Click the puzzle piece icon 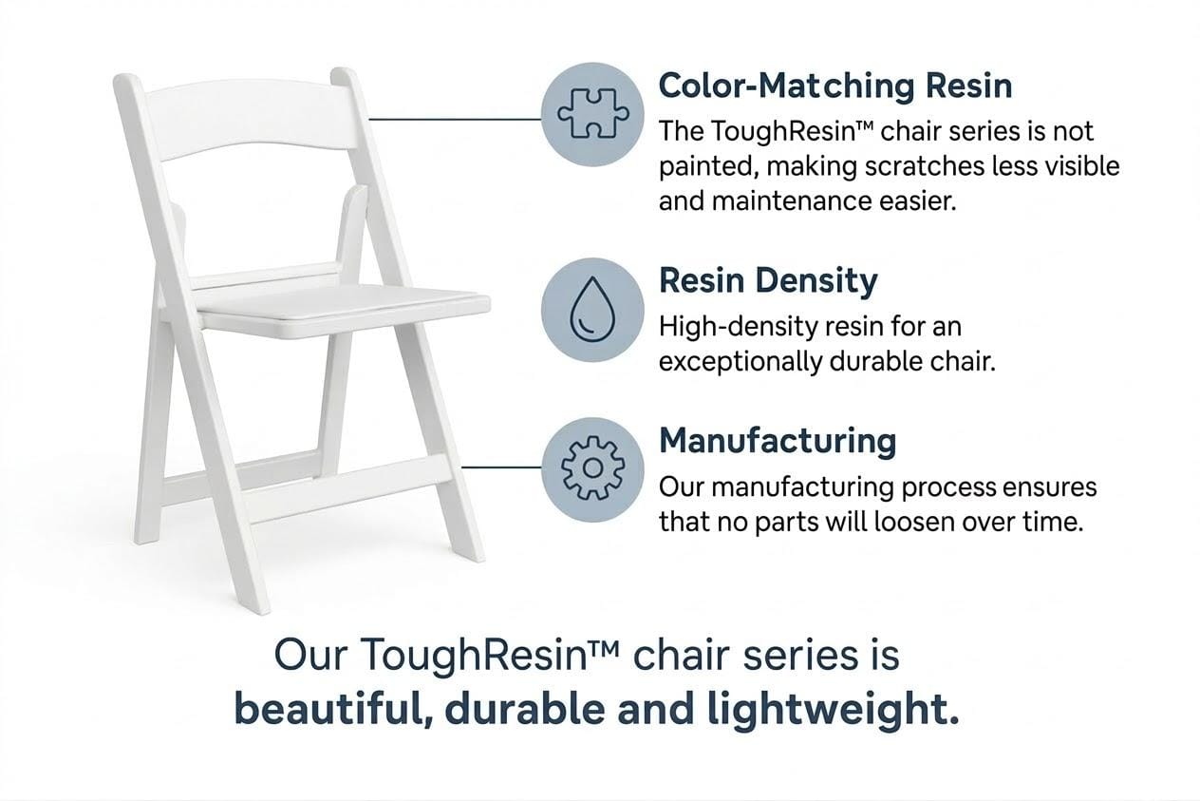(x=592, y=114)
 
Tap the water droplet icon (x=592, y=310)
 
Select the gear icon (x=592, y=468)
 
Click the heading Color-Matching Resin (x=835, y=86)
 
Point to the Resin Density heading (x=768, y=281)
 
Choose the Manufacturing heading (x=778, y=441)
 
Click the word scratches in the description (x=925, y=166)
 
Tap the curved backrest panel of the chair (x=253, y=119)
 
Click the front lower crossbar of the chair (x=350, y=489)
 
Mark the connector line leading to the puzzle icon (x=455, y=119)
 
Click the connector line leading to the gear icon (x=501, y=467)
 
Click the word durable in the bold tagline (x=524, y=708)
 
